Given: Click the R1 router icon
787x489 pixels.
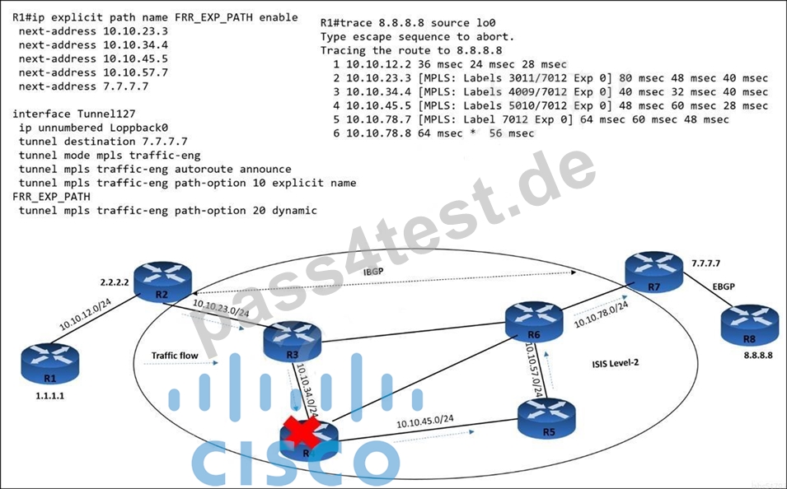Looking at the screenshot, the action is click(x=49, y=364).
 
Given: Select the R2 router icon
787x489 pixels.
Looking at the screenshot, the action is click(x=162, y=282).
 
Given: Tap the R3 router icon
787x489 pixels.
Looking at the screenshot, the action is click(x=292, y=342).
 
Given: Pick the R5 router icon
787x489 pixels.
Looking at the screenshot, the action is click(x=546, y=419).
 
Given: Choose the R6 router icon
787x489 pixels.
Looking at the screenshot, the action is click(x=534, y=322).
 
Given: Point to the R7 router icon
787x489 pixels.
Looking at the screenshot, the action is click(x=654, y=272).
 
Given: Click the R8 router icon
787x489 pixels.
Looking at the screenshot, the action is click(x=749, y=325).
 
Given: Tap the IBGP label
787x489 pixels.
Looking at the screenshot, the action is click(x=373, y=272).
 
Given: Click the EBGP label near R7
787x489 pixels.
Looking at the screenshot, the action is click(x=724, y=286).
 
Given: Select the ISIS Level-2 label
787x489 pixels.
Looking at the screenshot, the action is click(x=616, y=362).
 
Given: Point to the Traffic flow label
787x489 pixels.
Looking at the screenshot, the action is click(x=175, y=356).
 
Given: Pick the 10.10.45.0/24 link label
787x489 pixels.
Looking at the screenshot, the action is click(x=425, y=421).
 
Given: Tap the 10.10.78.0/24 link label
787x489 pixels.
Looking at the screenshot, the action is click(x=601, y=314).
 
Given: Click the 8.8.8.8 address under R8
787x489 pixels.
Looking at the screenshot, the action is click(x=758, y=355).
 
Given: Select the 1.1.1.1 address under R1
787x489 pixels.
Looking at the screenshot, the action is click(x=49, y=396).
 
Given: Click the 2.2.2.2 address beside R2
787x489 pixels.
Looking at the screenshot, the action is click(x=115, y=282).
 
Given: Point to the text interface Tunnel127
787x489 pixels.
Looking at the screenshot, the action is click(x=74, y=114).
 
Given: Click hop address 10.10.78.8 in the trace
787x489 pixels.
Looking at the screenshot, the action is click(x=378, y=133).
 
